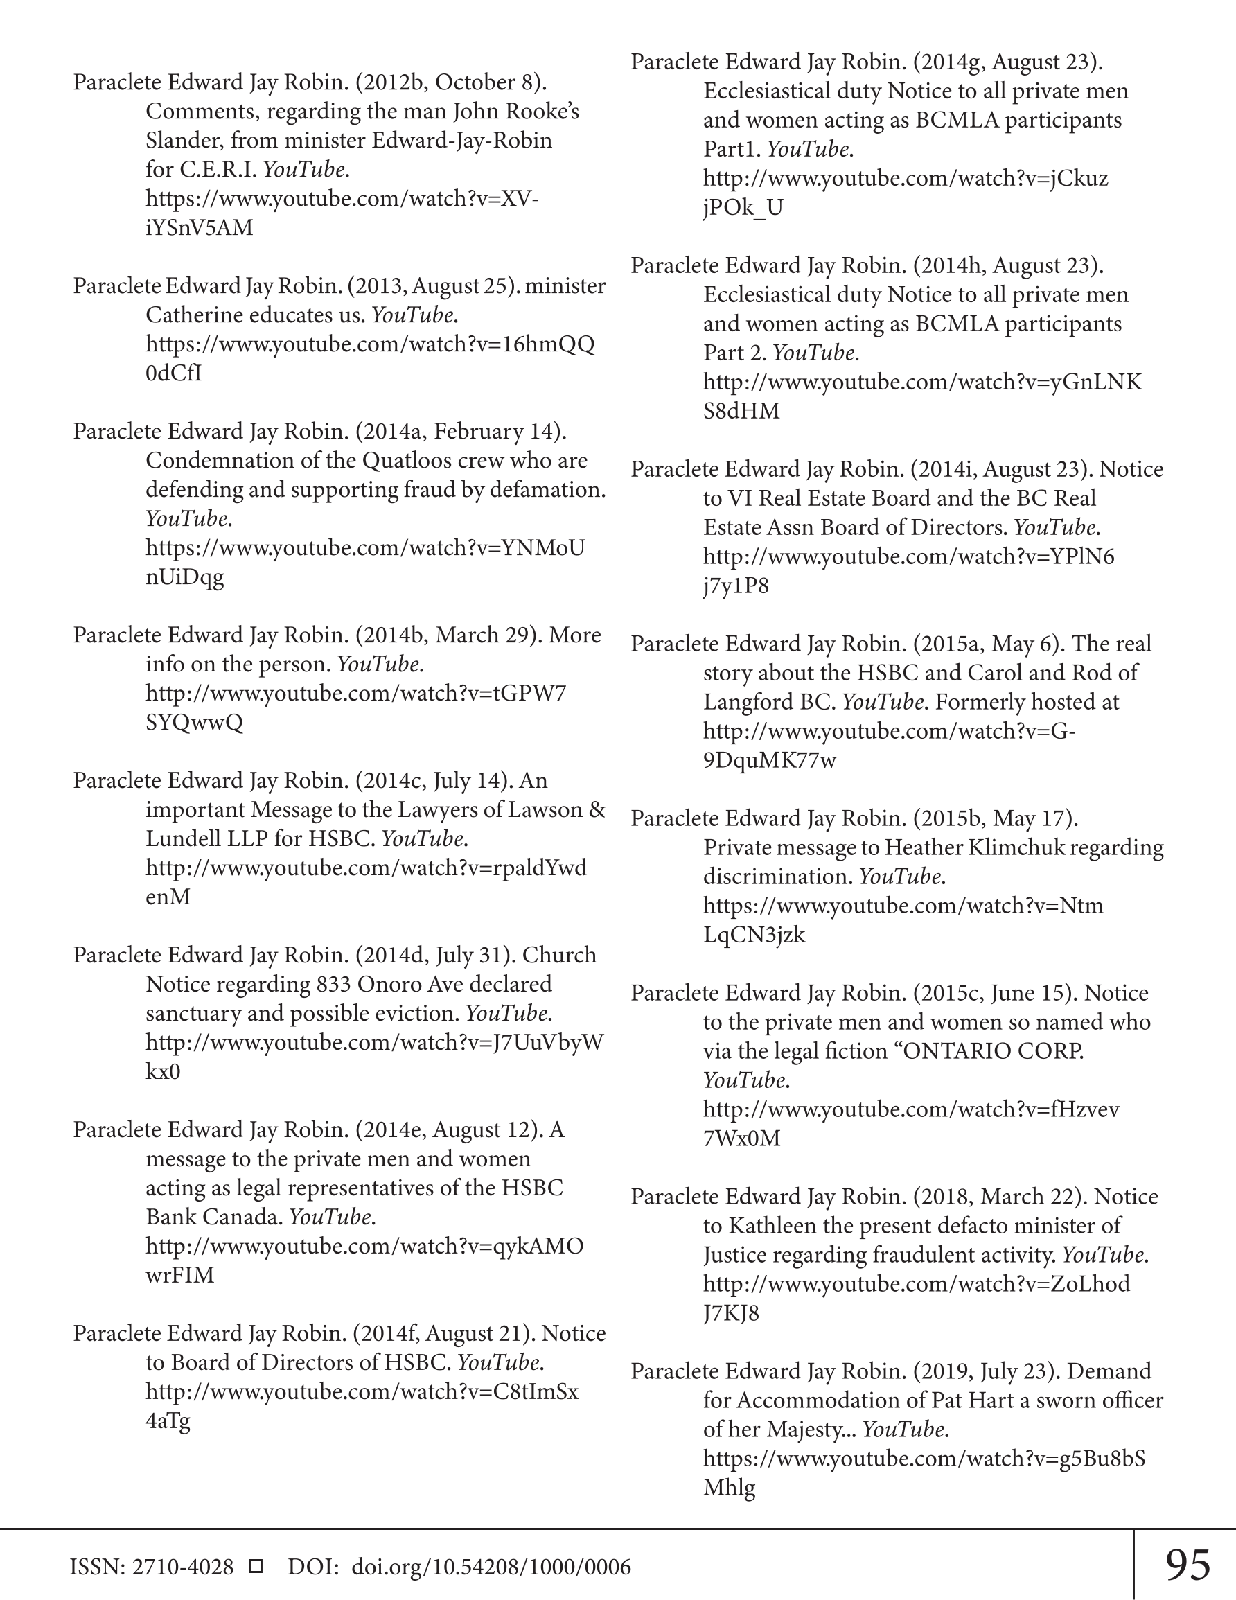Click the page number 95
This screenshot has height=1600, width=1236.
tap(1188, 1565)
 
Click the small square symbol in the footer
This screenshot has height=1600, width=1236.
tap(256, 1566)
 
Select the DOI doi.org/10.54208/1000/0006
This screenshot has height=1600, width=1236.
tap(491, 1567)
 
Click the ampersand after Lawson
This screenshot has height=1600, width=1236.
tap(597, 809)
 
